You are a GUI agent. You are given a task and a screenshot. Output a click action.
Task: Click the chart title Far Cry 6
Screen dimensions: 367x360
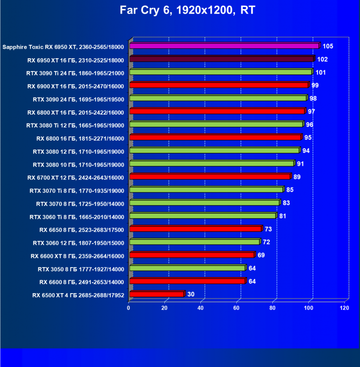pos(180,10)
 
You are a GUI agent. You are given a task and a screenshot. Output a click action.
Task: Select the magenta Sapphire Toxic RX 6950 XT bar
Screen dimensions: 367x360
pos(224,46)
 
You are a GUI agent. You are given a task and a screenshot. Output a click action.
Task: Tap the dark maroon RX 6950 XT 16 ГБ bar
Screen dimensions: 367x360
pos(221,59)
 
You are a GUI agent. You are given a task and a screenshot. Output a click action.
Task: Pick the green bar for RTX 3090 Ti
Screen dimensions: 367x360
pos(220,72)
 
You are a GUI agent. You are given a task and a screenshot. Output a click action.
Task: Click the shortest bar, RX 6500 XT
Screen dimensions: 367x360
pos(156,294)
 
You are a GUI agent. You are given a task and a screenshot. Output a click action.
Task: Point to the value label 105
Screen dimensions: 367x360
pos(328,46)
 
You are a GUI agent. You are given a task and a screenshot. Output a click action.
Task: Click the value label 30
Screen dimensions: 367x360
pos(191,295)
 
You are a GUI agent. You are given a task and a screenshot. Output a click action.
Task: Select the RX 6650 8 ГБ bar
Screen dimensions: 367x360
pos(195,229)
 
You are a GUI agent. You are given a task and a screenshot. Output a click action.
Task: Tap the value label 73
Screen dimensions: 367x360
pos(269,229)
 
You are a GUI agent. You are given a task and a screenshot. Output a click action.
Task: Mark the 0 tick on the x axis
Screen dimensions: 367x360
pos(129,308)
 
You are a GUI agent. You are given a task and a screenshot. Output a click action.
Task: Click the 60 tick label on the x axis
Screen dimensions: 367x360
pos(237,308)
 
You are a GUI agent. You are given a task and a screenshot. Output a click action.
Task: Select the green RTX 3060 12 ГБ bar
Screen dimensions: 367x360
pos(194,242)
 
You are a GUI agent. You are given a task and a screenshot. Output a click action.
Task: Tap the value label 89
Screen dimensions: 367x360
pos(297,177)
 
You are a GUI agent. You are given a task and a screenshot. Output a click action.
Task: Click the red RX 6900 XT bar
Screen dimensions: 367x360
pos(218,85)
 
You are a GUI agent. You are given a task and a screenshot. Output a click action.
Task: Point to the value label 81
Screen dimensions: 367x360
pos(283,216)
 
